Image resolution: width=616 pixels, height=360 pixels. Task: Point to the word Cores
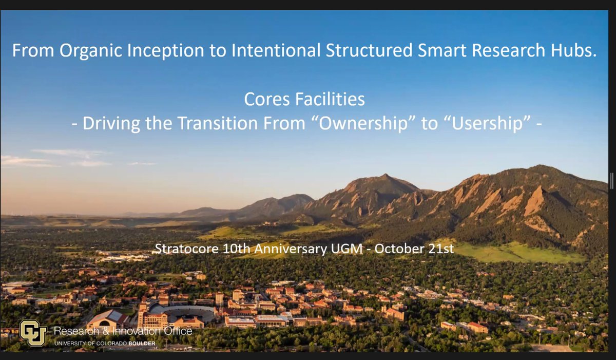pyautogui.click(x=269, y=99)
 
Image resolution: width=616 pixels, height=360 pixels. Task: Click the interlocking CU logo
pyautogui.click(x=33, y=332)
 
